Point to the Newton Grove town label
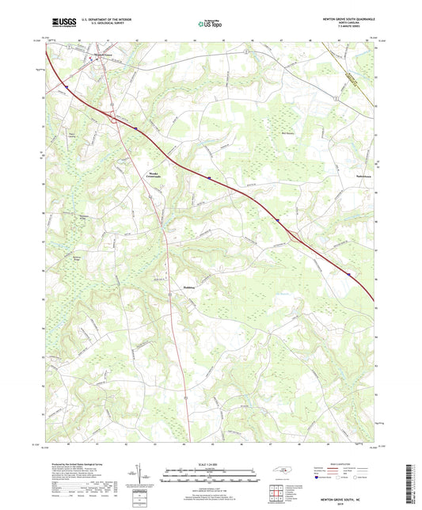[x=97, y=55]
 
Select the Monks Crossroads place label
[x=152, y=177]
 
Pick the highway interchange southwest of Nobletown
[x=294, y=234]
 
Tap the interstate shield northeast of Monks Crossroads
[x=209, y=179]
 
